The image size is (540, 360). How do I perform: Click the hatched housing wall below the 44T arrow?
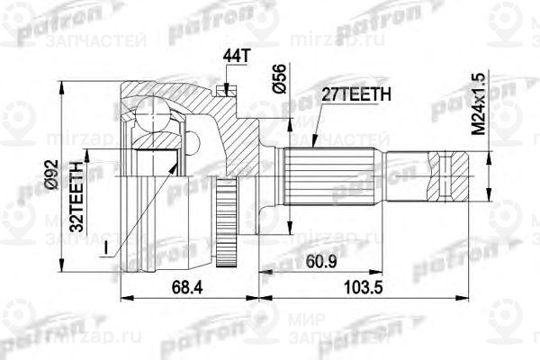click(236, 135)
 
